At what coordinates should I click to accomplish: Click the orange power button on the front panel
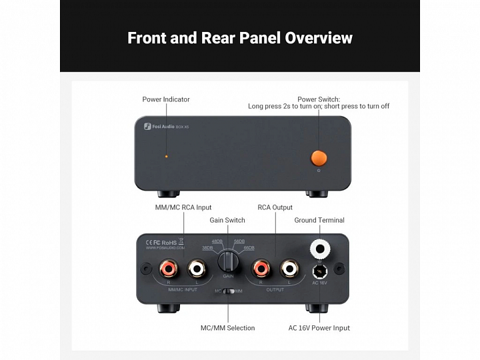pos(319,157)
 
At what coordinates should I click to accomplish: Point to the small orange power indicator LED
pos(166,157)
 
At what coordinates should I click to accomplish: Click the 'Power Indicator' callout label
pos(166,99)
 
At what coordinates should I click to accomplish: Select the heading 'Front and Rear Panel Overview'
pos(240,37)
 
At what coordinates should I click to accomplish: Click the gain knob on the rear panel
pos(228,260)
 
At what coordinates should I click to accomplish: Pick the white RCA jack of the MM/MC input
pos(197,269)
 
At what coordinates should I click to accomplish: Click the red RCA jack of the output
pos(258,269)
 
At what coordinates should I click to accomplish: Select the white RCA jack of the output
pos(289,269)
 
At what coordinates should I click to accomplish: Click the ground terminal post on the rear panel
pos(320,249)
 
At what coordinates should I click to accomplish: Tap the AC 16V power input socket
pos(320,271)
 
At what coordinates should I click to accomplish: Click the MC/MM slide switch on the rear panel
pos(229,291)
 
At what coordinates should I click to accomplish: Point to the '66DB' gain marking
pos(249,248)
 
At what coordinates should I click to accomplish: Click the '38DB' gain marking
pos(207,248)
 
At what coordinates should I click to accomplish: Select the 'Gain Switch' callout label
pos(227,220)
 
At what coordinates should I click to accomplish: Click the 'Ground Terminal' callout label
pos(319,220)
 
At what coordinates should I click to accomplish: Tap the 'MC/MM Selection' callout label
pos(227,328)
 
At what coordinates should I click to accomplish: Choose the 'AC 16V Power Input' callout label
pos(319,328)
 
